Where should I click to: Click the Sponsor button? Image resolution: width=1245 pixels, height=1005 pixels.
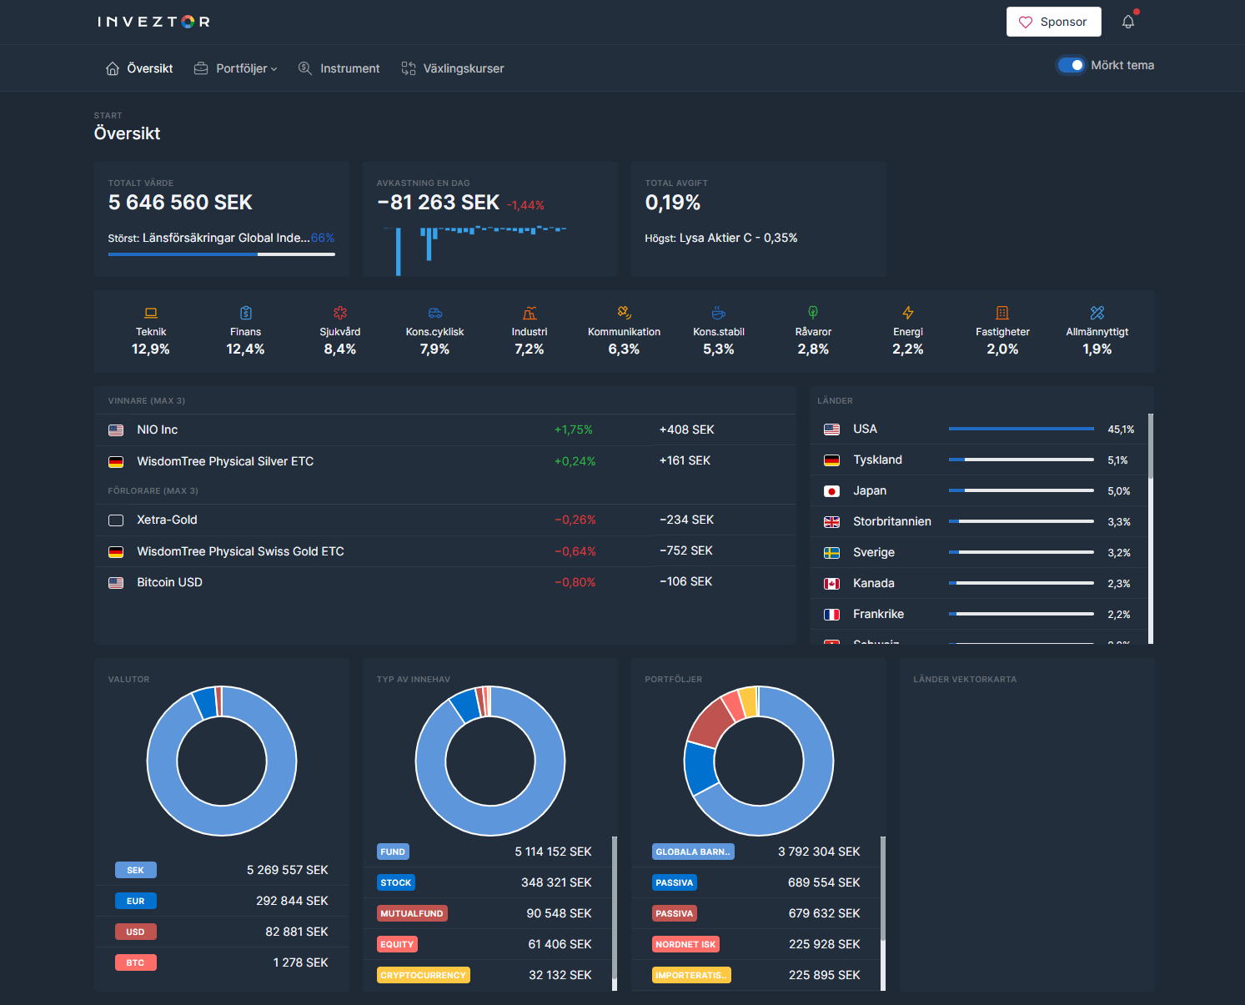point(1053,22)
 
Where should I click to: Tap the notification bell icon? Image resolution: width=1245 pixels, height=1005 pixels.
point(1127,22)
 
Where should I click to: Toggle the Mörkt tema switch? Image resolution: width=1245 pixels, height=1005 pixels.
point(1071,65)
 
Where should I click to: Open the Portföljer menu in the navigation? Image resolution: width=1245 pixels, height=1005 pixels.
point(236,68)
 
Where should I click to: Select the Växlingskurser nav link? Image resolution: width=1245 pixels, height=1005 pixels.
point(453,68)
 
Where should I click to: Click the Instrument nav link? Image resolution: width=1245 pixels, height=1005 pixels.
point(339,68)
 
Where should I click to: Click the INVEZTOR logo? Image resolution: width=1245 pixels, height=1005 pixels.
point(153,22)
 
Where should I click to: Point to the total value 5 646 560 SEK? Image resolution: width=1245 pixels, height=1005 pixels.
point(180,203)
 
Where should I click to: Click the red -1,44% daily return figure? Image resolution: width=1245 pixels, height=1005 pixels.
point(525,205)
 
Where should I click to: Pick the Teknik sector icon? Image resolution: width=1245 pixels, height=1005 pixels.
point(151,313)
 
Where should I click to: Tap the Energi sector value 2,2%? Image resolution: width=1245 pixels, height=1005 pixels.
point(907,349)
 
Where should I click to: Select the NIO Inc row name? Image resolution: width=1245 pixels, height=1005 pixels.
point(158,430)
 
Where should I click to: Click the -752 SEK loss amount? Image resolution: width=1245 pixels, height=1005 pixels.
point(685,550)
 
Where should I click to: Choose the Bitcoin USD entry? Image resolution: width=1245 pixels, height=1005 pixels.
point(169,582)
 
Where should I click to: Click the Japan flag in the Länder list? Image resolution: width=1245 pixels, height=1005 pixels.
point(831,491)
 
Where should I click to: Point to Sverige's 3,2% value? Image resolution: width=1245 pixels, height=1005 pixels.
point(1118,553)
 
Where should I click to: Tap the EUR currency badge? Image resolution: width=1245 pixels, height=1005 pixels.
point(135,901)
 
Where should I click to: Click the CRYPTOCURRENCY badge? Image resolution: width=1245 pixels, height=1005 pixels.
point(423,975)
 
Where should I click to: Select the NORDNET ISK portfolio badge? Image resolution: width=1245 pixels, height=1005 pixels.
point(685,944)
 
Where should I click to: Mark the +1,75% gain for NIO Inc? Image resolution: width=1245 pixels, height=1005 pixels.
point(573,430)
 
